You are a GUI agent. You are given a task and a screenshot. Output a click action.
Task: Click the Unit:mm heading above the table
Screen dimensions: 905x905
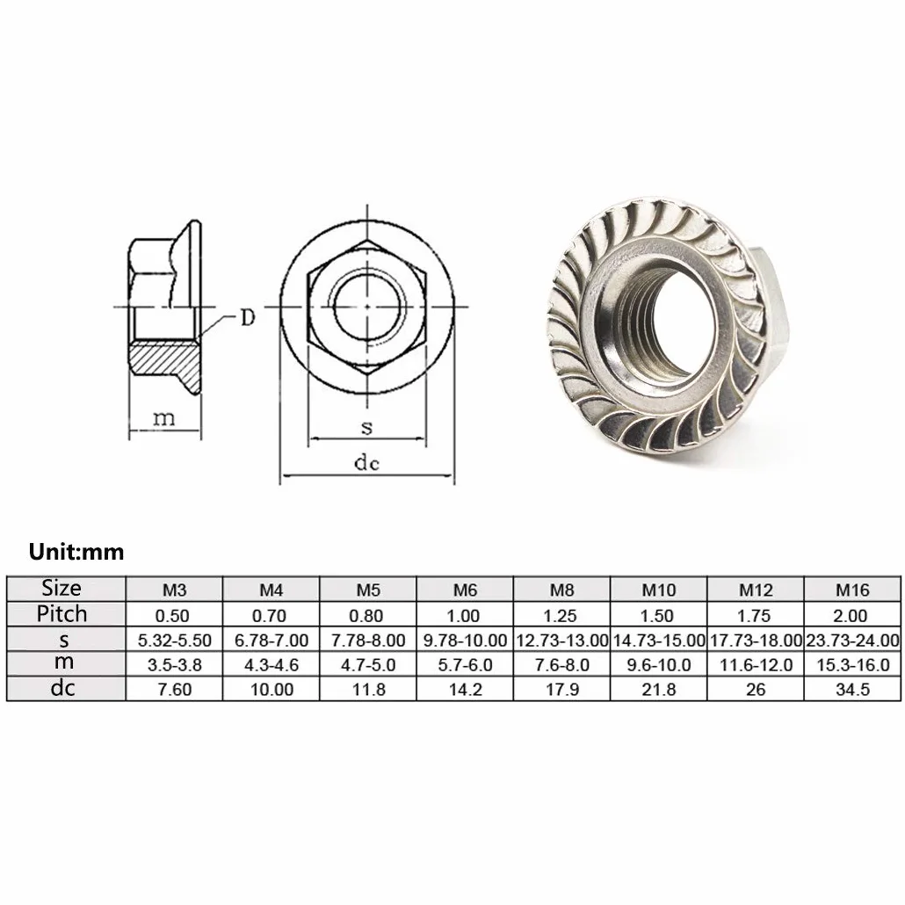(76, 552)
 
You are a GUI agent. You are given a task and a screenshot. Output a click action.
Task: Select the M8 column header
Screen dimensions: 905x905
(561, 590)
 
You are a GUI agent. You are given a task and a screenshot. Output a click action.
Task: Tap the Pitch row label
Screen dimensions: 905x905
(62, 614)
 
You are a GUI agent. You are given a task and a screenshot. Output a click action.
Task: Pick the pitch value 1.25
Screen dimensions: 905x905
(561, 616)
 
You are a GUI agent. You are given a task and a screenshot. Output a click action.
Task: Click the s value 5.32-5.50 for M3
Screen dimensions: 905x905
(174, 641)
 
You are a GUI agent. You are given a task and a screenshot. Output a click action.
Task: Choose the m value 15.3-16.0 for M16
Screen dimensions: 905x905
(852, 665)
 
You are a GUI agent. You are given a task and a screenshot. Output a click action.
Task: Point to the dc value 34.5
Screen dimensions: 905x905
(852, 690)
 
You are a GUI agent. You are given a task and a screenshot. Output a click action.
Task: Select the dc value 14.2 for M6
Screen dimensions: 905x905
(465, 690)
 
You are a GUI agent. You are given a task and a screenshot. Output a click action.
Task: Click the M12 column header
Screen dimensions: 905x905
(756, 590)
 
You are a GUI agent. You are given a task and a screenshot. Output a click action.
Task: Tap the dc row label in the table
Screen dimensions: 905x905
(62, 689)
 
